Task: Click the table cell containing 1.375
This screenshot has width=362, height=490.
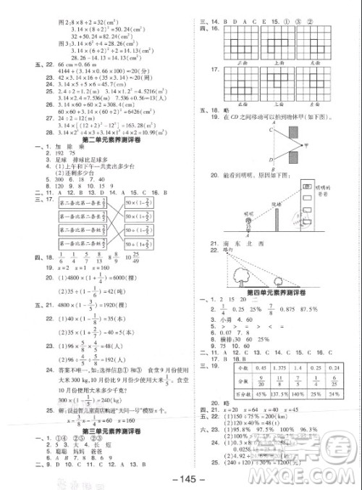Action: (x=275, y=369)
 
